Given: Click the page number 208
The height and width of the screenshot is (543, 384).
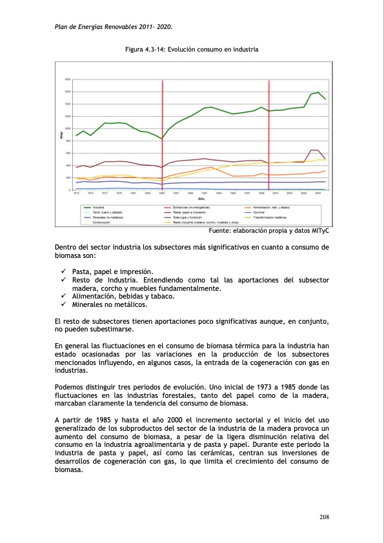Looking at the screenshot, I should (325, 517).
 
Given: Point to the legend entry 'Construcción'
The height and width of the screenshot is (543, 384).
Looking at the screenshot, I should (102, 222).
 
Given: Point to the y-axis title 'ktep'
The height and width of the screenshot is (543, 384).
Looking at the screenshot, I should (62, 135).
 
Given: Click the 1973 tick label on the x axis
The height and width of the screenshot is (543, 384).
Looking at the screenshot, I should (76, 193).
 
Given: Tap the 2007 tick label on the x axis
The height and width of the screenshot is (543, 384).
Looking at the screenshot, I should (318, 193).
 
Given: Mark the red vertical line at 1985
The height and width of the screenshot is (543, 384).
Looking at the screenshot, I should (162, 135).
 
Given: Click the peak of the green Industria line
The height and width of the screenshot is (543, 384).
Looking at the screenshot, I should (318, 92).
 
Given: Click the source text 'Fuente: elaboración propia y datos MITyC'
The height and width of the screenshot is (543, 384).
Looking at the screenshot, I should (270, 231).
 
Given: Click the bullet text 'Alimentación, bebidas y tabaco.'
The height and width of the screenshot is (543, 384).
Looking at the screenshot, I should (123, 296).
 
